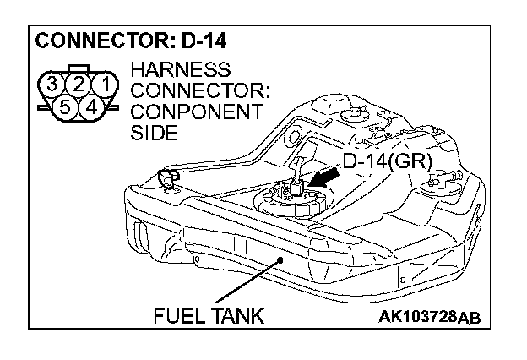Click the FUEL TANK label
[209, 316]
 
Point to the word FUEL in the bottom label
[178, 316]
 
